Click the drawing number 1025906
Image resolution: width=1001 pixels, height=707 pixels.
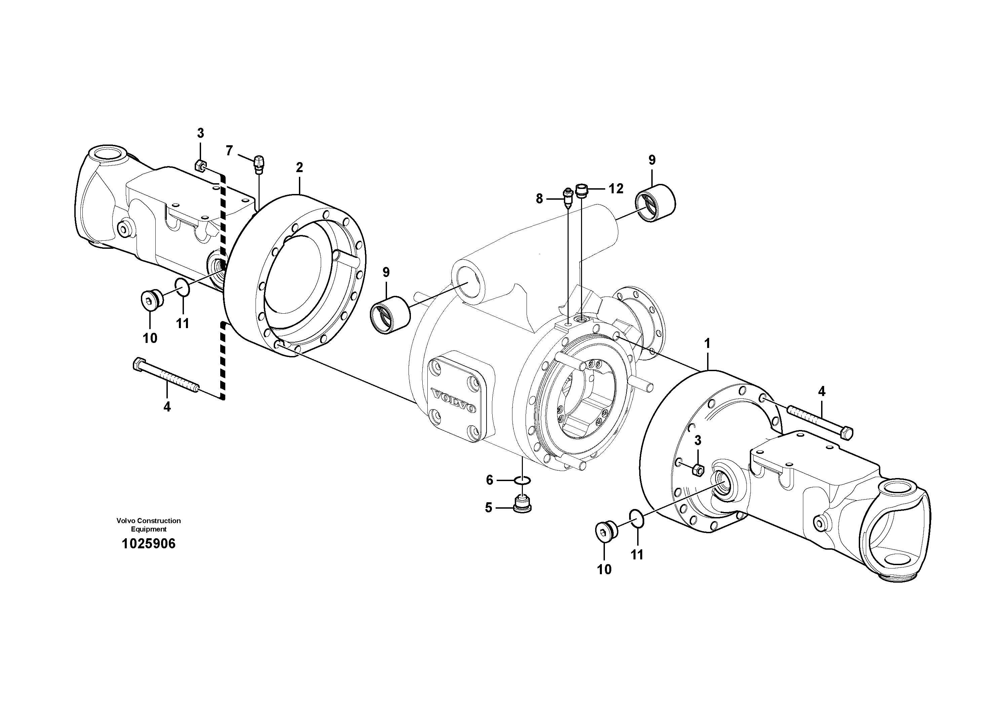click(x=149, y=544)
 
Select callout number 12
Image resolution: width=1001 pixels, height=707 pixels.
click(x=616, y=189)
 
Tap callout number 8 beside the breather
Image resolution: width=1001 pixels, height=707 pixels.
click(x=539, y=199)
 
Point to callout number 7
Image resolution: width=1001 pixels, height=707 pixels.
click(x=229, y=151)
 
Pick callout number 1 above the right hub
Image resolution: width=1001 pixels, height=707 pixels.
click(x=707, y=344)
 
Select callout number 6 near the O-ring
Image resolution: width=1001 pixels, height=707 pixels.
click(x=489, y=480)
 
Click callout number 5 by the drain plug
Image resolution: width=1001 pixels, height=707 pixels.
click(x=488, y=507)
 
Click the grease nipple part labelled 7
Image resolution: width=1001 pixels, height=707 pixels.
click(x=259, y=164)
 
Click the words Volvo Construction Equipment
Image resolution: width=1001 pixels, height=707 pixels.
click(x=149, y=525)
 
